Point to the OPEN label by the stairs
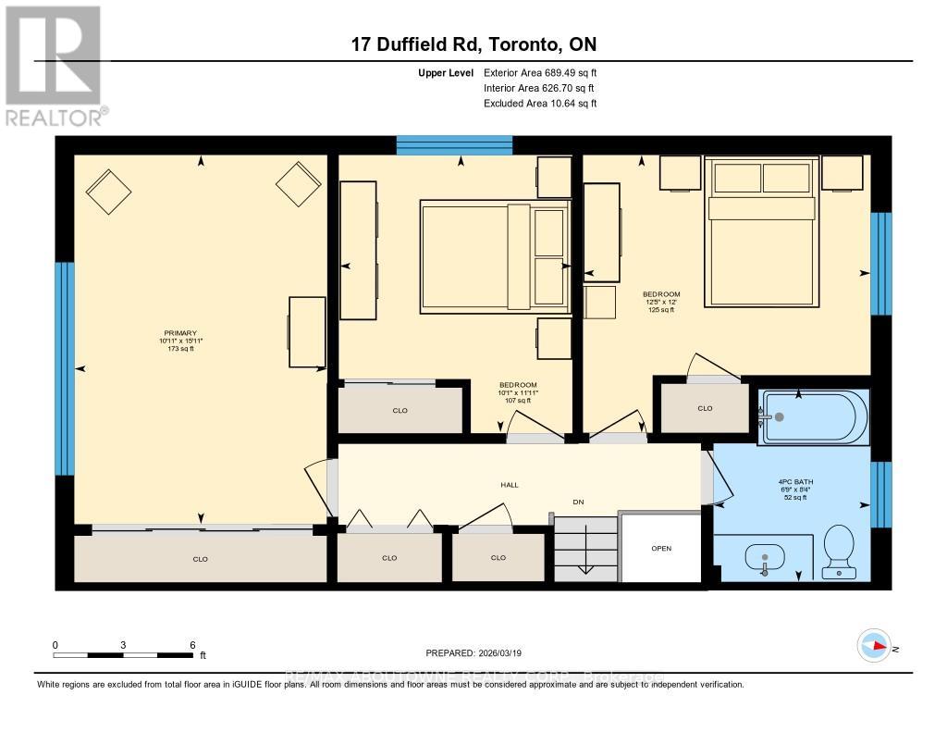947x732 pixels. click(660, 548)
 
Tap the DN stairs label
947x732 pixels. click(578, 502)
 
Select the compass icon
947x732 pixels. click(874, 645)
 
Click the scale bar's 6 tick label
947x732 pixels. click(191, 644)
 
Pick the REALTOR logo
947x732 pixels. click(55, 65)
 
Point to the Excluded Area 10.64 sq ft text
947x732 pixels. click(540, 104)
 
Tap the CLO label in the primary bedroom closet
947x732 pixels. click(200, 558)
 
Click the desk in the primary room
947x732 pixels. click(307, 331)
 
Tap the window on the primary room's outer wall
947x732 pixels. click(64, 368)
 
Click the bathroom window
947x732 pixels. click(881, 493)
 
